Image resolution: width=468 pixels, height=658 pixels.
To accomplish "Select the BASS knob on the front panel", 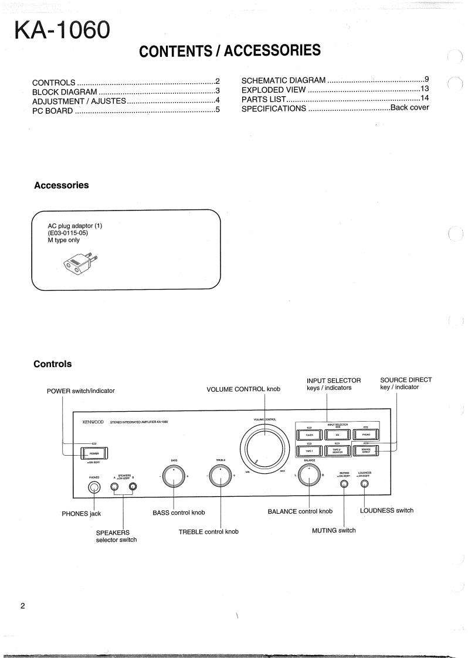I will click(x=174, y=476).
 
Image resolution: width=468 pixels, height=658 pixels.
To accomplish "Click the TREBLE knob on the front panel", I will click(x=221, y=476).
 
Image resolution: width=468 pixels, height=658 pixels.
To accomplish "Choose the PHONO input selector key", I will click(x=365, y=435).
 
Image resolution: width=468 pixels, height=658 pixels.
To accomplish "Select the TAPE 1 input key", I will click(x=308, y=450).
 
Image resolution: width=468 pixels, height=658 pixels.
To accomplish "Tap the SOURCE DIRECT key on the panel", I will click(x=365, y=450).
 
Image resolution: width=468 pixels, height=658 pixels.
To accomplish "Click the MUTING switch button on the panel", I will click(x=344, y=484).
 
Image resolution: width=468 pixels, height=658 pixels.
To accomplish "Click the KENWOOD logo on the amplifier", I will click(x=93, y=422).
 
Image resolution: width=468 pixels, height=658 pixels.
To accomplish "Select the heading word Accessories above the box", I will click(x=62, y=185).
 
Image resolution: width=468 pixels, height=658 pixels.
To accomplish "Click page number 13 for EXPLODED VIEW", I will click(x=425, y=89).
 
